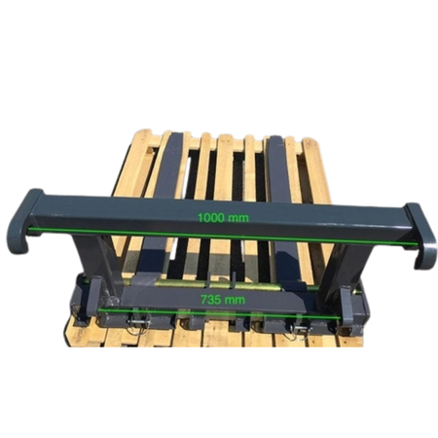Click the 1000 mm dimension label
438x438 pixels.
tap(224, 218)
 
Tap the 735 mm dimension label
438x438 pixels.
tap(223, 300)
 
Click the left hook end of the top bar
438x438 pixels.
tap(24, 221)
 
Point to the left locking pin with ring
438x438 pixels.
tap(138, 324)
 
